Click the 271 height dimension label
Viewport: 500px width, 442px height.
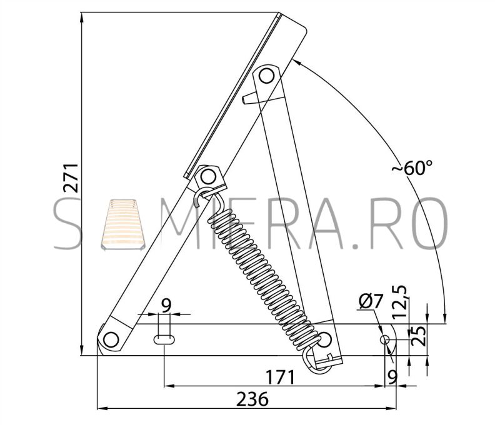71,178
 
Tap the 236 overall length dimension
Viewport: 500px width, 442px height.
252,399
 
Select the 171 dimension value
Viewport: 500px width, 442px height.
281,377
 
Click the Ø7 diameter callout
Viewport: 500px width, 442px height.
370,301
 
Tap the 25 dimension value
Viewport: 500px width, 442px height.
418,336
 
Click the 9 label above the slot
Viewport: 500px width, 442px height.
166,306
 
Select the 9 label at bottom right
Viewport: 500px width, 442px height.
392,376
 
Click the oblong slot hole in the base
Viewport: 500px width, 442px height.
164,339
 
